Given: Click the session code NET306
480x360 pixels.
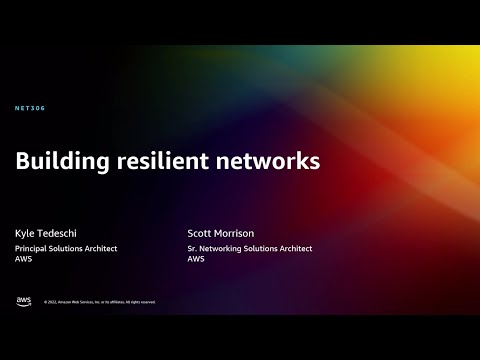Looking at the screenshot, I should tap(31, 108).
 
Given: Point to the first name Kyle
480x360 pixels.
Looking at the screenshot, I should tap(24, 233).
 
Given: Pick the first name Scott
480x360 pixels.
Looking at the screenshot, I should tap(200, 233).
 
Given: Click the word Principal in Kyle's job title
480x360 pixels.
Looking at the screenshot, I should tap(32, 248).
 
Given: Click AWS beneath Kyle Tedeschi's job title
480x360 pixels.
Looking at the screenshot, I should tap(23, 259).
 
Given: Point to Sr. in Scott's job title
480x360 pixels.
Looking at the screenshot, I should tap(192, 248).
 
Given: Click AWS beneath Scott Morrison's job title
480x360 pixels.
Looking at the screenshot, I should tap(196, 259).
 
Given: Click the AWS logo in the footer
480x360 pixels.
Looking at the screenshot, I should tap(23, 301).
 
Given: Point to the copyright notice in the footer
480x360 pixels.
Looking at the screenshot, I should tap(98, 302).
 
